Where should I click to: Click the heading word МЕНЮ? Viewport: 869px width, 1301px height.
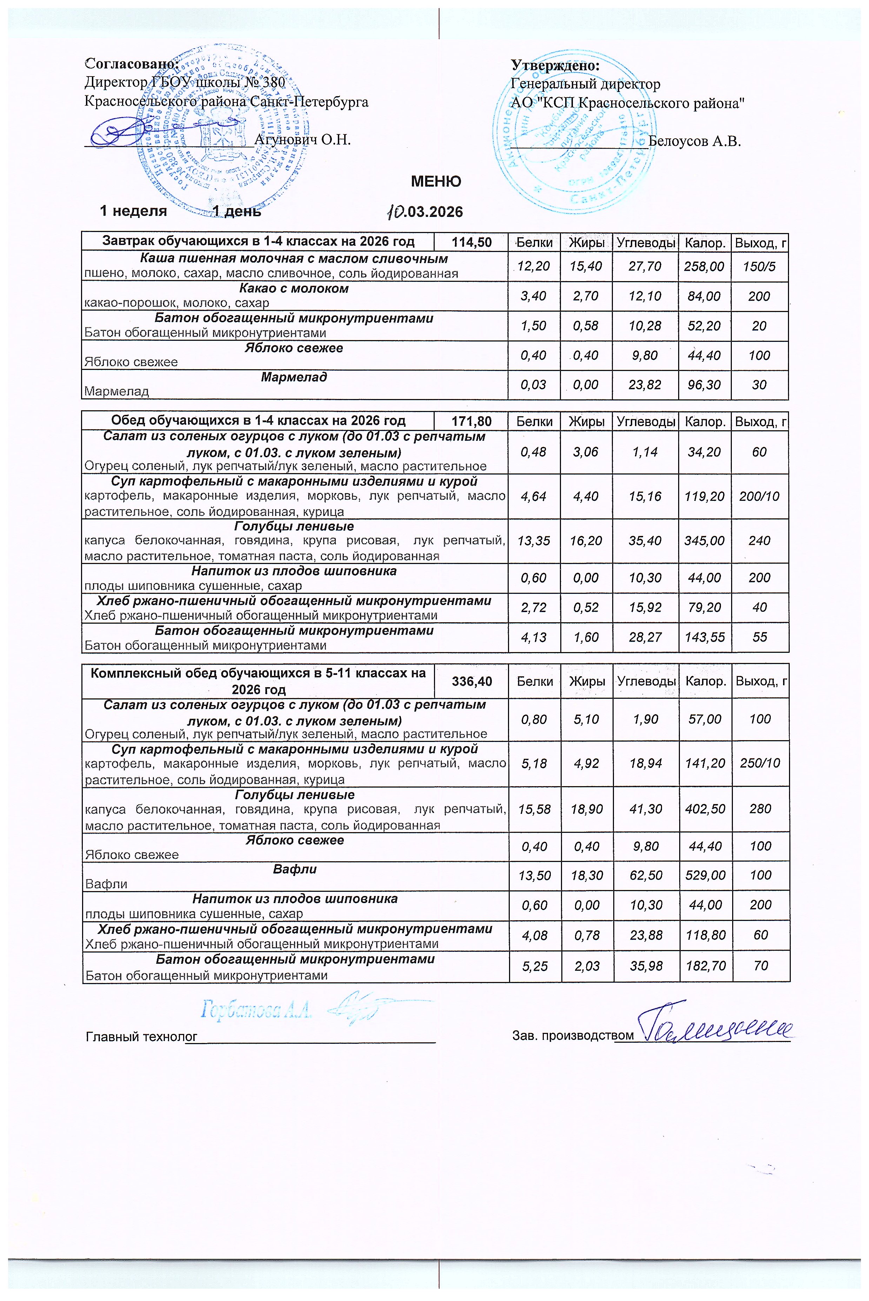point(436,181)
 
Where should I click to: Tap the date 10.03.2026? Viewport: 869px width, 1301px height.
point(425,211)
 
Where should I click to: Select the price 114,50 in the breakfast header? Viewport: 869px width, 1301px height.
point(472,242)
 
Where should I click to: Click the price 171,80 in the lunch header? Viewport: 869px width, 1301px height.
point(472,421)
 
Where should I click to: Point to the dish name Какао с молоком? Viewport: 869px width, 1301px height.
point(294,288)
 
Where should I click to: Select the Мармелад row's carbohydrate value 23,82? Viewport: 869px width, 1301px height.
point(645,385)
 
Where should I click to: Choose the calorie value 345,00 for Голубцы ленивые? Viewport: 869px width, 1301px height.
point(705,540)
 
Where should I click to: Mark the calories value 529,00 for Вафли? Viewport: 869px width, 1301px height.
point(705,875)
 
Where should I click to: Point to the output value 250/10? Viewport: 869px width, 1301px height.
point(760,763)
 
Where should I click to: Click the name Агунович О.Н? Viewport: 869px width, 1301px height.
point(302,139)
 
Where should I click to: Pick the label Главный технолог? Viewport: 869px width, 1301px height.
point(141,1036)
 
